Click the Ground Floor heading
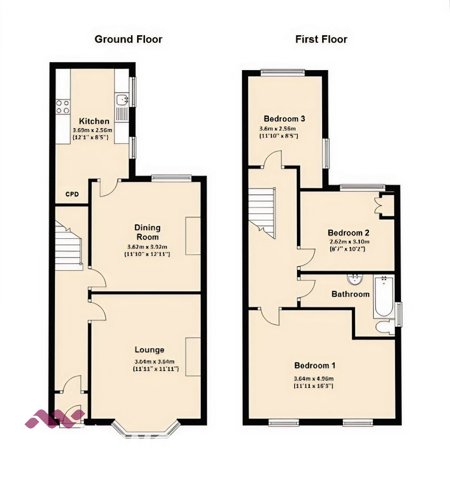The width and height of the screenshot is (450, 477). point(128,39)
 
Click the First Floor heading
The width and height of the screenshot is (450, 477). point(321,39)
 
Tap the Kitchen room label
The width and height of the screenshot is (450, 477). point(94,121)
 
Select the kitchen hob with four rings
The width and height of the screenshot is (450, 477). point(63,106)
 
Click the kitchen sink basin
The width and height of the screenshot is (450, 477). point(121,99)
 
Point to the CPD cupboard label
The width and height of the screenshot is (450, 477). point(72,194)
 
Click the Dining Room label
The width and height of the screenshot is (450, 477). point(147,232)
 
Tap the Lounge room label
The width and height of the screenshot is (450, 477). point(149,350)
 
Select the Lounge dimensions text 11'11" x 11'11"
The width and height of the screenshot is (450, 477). point(155,369)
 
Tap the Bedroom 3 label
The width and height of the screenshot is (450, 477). point(284,119)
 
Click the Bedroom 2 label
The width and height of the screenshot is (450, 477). point(348,233)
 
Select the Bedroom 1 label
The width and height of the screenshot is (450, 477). point(315,365)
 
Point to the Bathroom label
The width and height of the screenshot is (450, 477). point(350,294)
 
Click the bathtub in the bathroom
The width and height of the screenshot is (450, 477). point(384,296)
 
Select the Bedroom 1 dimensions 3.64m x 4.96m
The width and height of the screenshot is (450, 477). point(314,378)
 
